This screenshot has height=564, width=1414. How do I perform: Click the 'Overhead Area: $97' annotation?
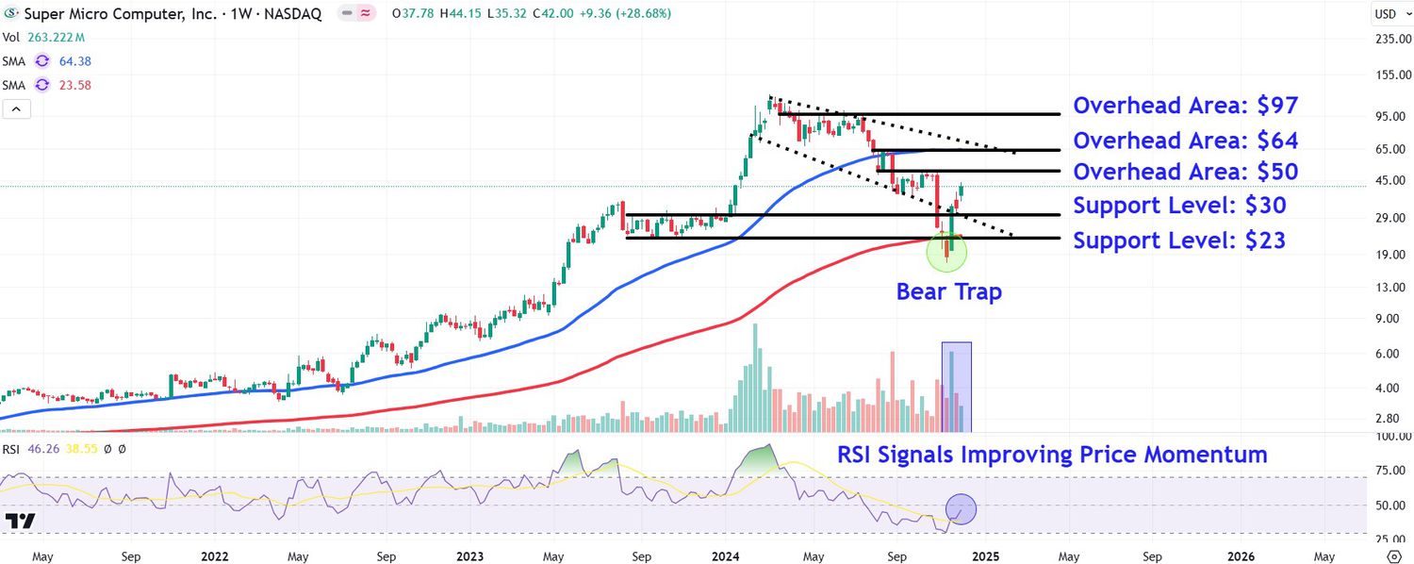(x=1185, y=105)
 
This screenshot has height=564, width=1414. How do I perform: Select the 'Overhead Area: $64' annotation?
(x=1185, y=141)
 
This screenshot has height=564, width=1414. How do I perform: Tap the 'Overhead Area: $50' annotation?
(x=1185, y=172)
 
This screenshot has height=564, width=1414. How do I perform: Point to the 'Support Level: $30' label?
(x=1179, y=205)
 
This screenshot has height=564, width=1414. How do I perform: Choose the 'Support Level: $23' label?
(x=1179, y=241)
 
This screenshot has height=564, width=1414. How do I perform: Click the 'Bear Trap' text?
(x=948, y=292)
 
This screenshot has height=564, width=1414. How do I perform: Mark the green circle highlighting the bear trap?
(x=946, y=252)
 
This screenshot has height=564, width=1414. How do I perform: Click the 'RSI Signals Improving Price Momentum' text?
(x=1052, y=455)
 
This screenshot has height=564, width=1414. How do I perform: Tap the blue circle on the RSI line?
(x=960, y=509)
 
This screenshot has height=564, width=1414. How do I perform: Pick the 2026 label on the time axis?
(x=1240, y=556)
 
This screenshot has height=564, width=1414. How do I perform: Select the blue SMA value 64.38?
(x=75, y=61)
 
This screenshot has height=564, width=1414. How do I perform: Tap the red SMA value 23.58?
(x=75, y=85)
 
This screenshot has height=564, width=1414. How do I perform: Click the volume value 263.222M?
(x=55, y=38)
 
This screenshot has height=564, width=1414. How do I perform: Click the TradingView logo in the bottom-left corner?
(x=20, y=521)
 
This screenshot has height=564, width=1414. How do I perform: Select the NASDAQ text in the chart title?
(x=293, y=14)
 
